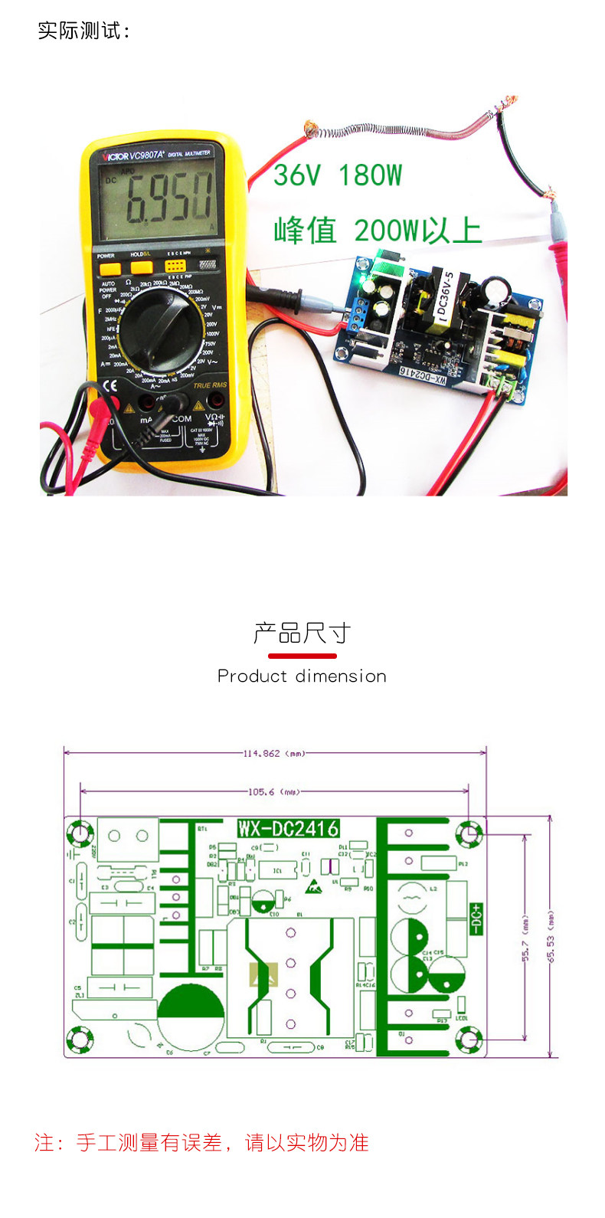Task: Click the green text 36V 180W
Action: tap(337, 175)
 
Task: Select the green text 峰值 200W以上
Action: tap(377, 230)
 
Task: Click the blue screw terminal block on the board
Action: tap(358, 313)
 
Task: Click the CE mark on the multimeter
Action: tap(110, 385)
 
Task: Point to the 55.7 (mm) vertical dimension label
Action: tap(525, 938)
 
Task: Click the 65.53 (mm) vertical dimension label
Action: tap(550, 938)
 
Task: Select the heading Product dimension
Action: tap(302, 676)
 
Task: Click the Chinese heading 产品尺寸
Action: tap(302, 634)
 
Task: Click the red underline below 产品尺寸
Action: tap(302, 656)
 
